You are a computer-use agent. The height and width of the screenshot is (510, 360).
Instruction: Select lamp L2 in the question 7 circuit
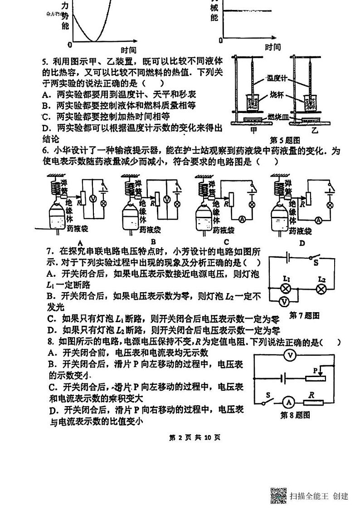pyautogui.click(x=321, y=289)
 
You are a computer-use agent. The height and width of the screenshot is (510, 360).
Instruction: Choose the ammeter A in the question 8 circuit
pyautogui.click(x=287, y=402)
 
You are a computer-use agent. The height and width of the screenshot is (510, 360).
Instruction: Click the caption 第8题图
pyautogui.click(x=295, y=415)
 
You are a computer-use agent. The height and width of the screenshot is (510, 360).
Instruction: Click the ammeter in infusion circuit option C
pyautogui.click(x=242, y=219)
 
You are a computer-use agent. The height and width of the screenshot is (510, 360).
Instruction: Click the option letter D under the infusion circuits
pyautogui.click(x=302, y=243)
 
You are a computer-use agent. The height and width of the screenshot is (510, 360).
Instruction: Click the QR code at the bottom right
pyautogui.click(x=278, y=495)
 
